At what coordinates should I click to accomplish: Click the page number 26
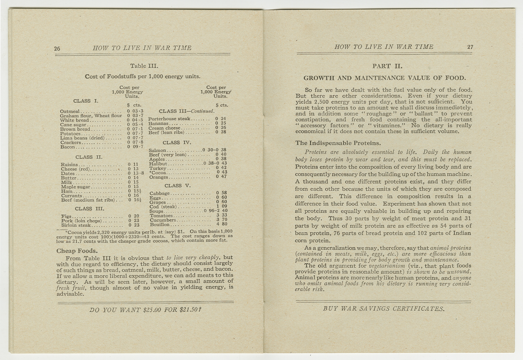click(57, 49)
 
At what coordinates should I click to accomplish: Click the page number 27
click(470, 47)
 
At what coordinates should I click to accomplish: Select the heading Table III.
click(144, 66)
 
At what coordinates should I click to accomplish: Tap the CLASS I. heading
click(86, 101)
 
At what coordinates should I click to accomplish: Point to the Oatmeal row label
click(70, 111)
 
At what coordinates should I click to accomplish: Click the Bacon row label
click(68, 147)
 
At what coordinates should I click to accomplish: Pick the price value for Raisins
click(133, 164)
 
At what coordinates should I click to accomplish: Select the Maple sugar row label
click(75, 187)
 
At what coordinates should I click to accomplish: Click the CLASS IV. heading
click(177, 143)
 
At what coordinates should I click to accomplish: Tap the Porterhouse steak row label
click(169, 119)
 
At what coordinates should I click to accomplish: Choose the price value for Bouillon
click(222, 224)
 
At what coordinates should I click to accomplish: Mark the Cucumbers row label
click(163, 220)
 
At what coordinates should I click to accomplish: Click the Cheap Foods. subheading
click(77, 251)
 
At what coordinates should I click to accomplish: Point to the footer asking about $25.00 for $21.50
click(145, 310)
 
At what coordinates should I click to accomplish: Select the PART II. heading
click(387, 66)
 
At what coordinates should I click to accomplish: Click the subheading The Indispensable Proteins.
click(338, 143)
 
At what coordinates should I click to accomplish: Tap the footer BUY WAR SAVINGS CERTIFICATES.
click(384, 309)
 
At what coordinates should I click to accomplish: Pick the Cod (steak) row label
click(164, 207)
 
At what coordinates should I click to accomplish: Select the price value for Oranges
click(221, 177)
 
